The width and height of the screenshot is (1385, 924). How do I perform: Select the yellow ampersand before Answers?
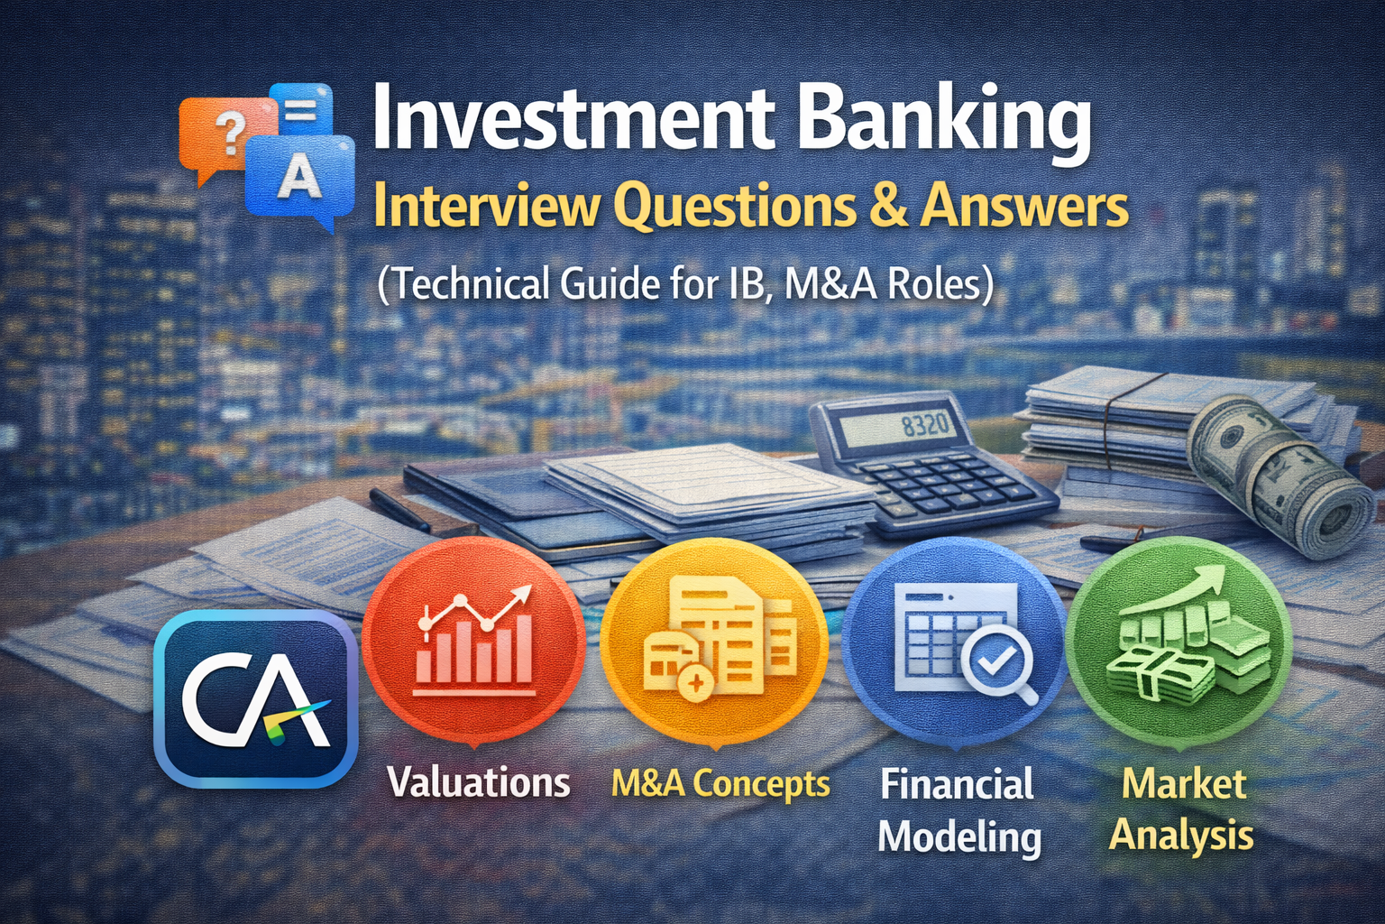885,206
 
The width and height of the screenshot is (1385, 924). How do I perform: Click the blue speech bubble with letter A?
300,177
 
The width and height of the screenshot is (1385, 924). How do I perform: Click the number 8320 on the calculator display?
923,427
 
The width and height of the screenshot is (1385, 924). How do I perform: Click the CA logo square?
256,698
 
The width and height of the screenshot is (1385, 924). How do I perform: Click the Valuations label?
479,782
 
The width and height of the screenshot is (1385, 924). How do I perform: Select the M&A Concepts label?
720,783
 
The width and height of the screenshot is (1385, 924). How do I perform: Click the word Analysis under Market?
1181,836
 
